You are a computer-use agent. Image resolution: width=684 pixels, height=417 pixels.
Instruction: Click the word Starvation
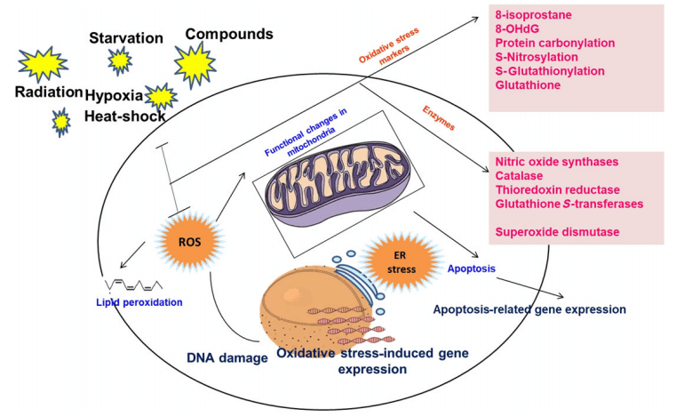point(125,38)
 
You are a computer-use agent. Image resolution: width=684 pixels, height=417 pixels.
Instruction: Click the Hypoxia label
point(114,94)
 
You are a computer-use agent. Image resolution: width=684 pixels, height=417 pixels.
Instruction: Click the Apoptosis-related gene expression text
point(529,309)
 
